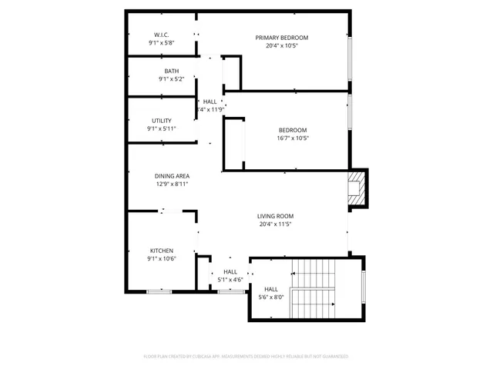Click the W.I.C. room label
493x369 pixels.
pos(161,35)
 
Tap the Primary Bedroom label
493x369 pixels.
pos(282,38)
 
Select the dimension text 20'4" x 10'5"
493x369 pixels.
pos(282,45)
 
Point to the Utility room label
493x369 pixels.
pos(162,121)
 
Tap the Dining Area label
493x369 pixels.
pos(172,176)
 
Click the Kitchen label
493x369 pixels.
pos(162,251)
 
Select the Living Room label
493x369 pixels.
pos(275,216)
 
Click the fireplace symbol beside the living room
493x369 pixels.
pos(356,189)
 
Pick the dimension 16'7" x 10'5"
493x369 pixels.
pos(292,138)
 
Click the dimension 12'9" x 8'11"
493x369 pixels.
pos(172,184)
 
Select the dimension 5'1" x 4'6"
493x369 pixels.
pos(230,280)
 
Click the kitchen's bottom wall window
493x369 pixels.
pos(159,291)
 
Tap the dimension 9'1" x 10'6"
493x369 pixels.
pos(162,259)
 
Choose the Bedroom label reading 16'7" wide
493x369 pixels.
pos(293,130)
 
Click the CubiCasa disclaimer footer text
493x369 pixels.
pos(246,357)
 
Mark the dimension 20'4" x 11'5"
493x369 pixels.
pos(275,224)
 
